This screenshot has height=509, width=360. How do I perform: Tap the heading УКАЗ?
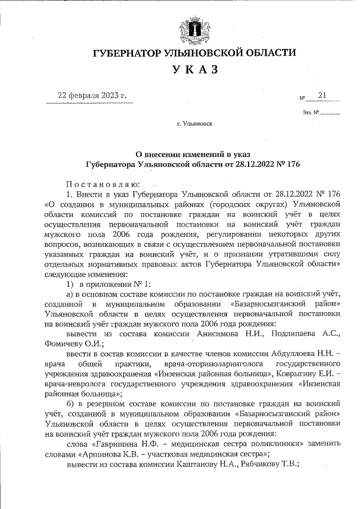(x=194, y=70)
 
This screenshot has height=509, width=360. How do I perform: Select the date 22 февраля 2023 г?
(x=92, y=96)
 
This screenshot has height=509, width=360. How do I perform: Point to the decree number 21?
(x=322, y=95)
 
